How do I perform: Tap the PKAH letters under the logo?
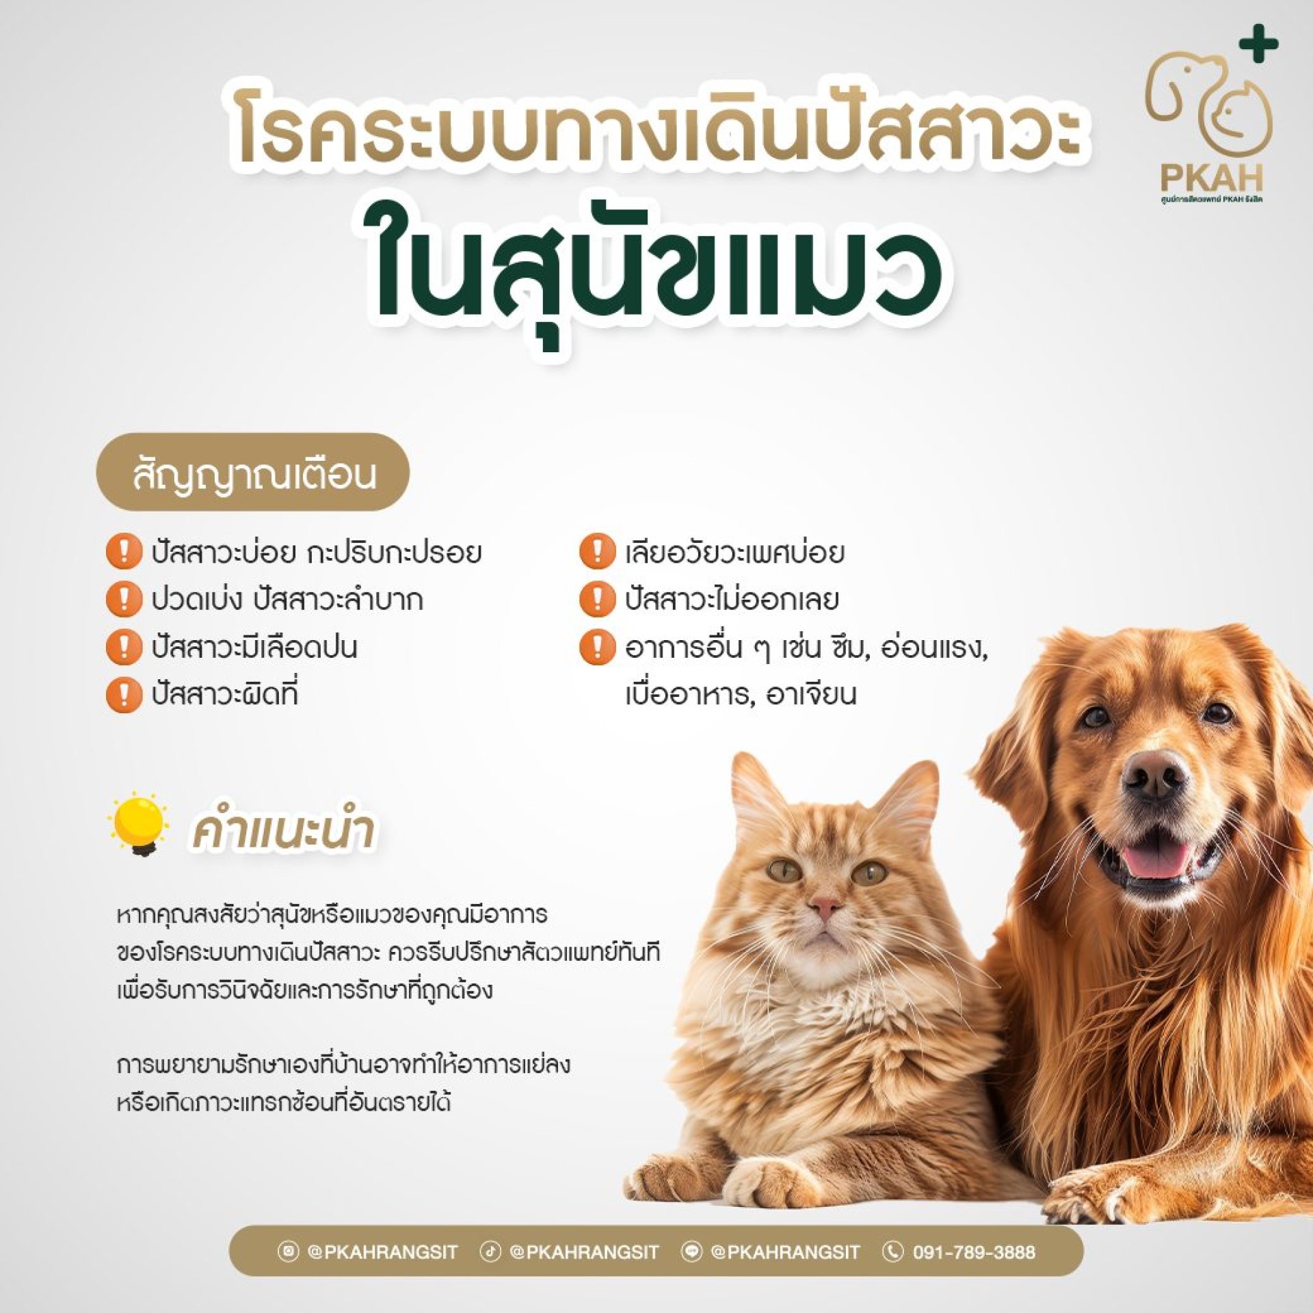1211,178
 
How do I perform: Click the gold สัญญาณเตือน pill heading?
253,472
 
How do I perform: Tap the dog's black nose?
1154,775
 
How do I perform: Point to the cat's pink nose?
825,908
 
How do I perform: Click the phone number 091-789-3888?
974,1252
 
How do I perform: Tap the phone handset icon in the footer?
892,1251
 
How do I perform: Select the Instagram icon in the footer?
289,1251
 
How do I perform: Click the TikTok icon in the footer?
490,1251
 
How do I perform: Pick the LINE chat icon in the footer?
692,1251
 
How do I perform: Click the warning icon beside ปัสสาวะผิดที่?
124,695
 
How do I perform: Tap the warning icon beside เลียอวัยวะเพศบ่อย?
597,551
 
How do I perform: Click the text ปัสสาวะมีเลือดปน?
254,647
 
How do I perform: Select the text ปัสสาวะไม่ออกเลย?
731,599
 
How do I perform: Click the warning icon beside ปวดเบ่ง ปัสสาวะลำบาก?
124,599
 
